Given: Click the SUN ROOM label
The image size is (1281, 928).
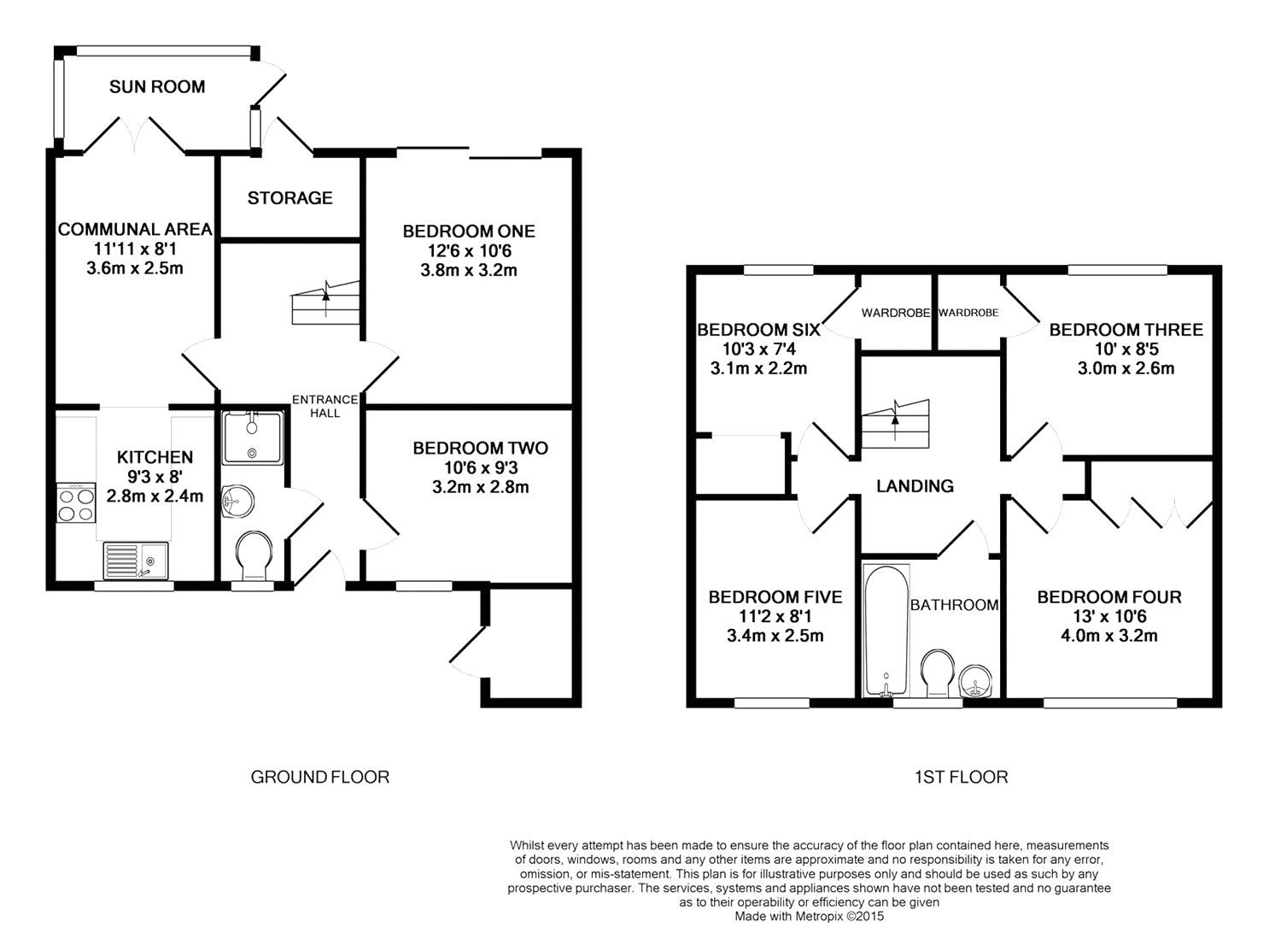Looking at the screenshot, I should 157,86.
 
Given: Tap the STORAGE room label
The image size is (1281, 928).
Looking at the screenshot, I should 290,197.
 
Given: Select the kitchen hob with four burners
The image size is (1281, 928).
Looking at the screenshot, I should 76,503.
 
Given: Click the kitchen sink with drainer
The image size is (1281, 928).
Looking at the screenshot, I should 137,561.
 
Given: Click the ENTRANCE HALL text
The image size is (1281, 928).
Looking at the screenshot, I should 325,406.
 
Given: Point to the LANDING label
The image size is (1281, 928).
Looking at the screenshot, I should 915,485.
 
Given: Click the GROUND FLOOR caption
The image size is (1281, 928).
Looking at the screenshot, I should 319,777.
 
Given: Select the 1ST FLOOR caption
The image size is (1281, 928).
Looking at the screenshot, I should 961,777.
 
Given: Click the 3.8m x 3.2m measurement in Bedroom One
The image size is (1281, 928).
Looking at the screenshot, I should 469,271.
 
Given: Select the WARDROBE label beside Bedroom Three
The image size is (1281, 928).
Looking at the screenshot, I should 968,313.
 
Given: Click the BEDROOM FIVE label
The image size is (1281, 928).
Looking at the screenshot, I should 775,596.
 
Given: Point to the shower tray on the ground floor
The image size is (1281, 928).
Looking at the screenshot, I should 252,437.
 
